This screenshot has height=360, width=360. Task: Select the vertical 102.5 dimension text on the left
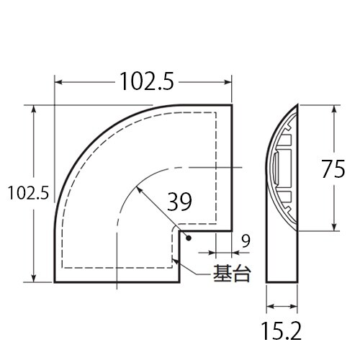27,193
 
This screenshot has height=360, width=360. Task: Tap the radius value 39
179,202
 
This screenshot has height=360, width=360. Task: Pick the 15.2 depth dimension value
282,330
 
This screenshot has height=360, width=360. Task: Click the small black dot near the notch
186,238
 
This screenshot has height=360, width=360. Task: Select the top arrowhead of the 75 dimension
336,109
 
